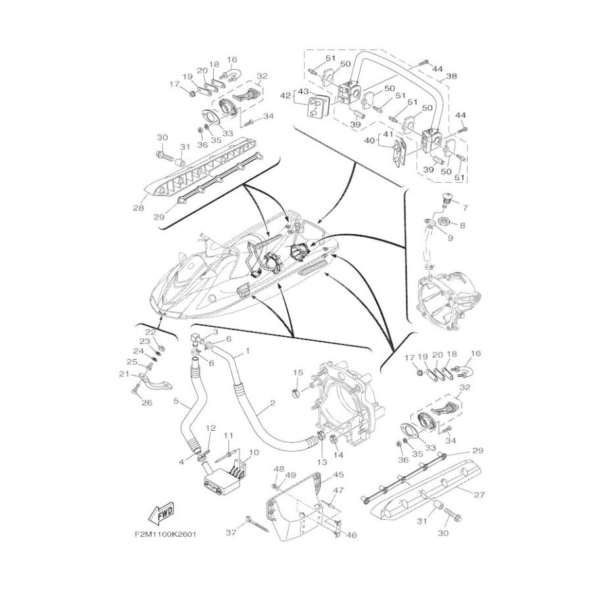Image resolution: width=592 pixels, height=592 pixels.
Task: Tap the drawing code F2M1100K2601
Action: (x=165, y=535)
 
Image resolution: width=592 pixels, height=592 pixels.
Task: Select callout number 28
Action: (x=138, y=207)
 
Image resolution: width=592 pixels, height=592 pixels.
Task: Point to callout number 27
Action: (x=479, y=495)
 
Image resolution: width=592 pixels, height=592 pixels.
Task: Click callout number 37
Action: (x=231, y=532)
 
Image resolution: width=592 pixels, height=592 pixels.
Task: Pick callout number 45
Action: (x=338, y=474)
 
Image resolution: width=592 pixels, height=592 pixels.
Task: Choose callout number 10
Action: (x=254, y=453)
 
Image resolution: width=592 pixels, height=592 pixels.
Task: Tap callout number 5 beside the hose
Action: (x=176, y=401)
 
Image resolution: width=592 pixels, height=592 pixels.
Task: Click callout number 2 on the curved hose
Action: (x=272, y=403)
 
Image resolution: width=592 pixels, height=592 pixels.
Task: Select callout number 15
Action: (x=298, y=373)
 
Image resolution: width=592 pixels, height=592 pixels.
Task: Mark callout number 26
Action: (x=147, y=403)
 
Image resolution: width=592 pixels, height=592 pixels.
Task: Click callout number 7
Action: (x=465, y=208)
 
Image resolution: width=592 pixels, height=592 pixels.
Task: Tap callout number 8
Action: (x=462, y=226)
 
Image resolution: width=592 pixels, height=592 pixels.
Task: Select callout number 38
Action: (x=451, y=76)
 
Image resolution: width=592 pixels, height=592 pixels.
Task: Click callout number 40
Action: (x=369, y=141)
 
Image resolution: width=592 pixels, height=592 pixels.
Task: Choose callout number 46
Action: (x=351, y=535)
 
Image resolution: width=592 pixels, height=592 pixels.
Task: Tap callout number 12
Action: (x=210, y=428)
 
